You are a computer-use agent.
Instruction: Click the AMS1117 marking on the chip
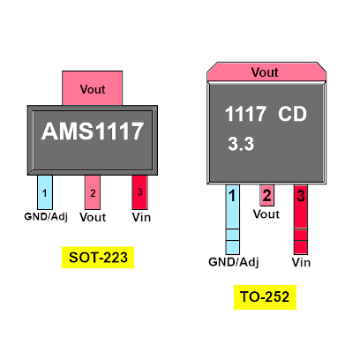(93, 131)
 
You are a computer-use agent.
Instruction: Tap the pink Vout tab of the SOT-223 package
(93, 88)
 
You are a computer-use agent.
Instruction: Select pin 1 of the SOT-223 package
(45, 192)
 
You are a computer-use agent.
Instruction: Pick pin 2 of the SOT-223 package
(93, 192)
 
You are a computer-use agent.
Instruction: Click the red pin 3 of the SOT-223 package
(139, 192)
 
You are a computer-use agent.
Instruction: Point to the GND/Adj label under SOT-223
(46, 217)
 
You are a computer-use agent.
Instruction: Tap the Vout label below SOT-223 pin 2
(93, 217)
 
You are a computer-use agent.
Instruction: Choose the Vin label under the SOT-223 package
(141, 217)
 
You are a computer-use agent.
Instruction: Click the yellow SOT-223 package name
(98, 258)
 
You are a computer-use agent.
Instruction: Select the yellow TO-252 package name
(265, 296)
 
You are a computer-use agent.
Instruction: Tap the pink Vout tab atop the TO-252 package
(266, 71)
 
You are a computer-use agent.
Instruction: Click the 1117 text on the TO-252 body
(245, 114)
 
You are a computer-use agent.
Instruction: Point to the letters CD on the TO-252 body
(292, 114)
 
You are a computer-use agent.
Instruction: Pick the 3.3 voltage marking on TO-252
(241, 144)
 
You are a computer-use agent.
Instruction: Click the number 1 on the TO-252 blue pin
(232, 196)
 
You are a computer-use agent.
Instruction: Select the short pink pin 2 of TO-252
(266, 195)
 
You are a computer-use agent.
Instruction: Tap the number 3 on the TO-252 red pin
(301, 196)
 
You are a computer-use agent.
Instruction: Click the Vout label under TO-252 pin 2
(266, 214)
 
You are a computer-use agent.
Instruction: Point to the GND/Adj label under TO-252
(234, 262)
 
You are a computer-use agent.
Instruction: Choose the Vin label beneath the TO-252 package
(301, 262)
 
